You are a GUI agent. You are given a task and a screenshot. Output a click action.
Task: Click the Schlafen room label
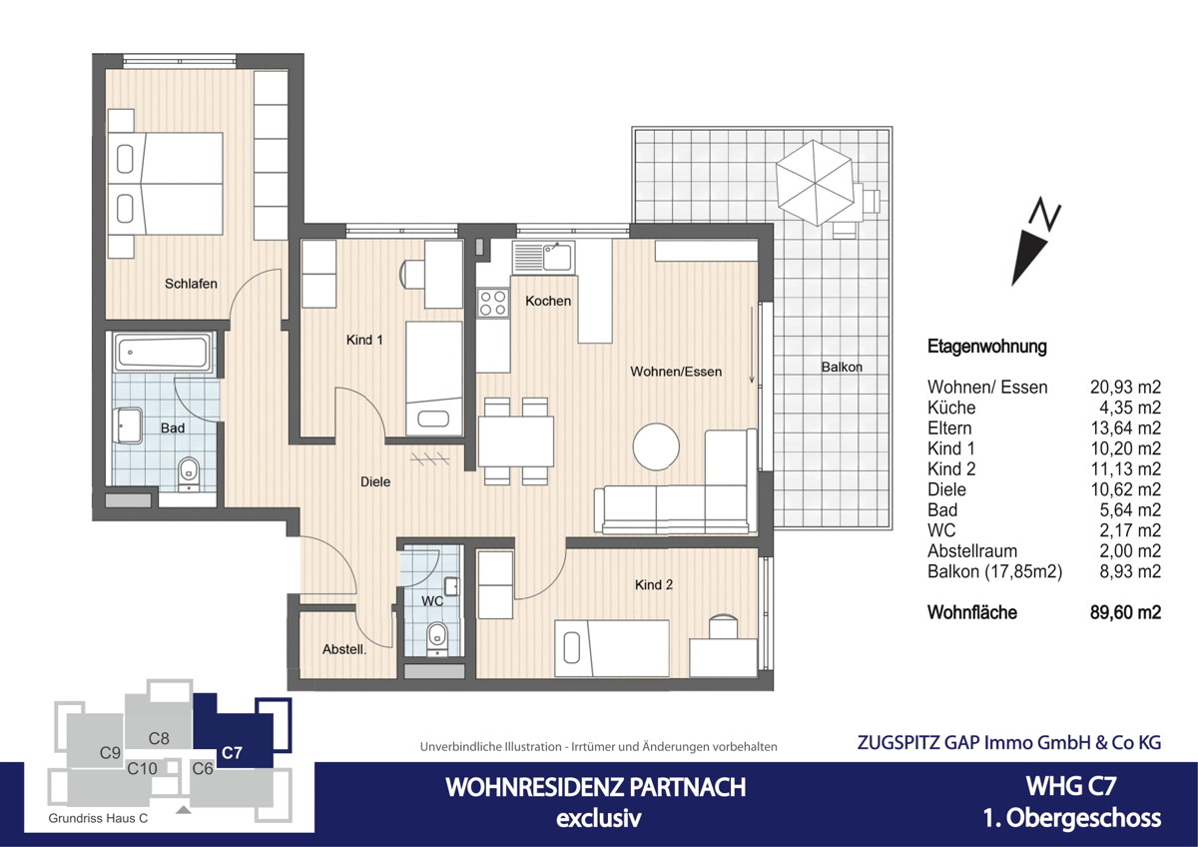coord(191,284)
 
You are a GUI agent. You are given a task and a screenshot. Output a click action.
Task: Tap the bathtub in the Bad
coord(162,353)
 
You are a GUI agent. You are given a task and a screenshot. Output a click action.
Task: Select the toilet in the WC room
coord(436,634)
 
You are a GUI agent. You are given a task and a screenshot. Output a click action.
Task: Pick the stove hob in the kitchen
coord(492,302)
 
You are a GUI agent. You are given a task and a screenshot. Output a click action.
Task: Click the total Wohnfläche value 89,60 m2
coord(1124,612)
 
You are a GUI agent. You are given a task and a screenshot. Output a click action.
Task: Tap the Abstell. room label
coord(344,649)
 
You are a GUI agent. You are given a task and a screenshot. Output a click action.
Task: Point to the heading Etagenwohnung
coord(986,347)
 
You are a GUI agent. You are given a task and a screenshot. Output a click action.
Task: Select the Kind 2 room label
coord(654,584)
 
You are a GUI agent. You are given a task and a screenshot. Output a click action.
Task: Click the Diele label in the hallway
coord(375,481)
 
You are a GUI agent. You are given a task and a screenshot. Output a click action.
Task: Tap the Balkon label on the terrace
coord(842,367)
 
